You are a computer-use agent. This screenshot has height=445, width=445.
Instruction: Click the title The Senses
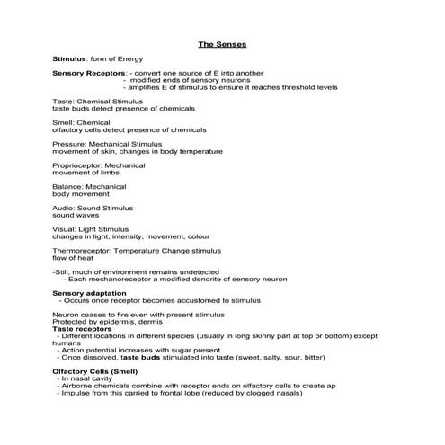(222, 43)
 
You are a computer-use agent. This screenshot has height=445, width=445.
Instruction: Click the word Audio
(63, 208)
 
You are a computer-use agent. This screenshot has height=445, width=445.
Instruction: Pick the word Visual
(64, 228)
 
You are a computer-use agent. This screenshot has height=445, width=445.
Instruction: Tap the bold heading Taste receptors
(83, 329)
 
